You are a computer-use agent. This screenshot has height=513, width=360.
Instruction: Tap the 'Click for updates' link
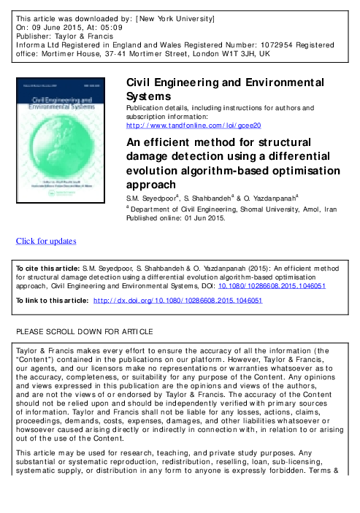click(47, 242)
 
